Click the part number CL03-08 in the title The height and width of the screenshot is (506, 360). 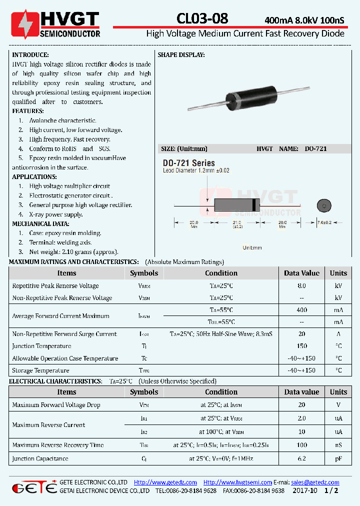tap(202, 18)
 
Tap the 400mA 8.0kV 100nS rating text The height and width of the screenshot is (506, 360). tap(304, 20)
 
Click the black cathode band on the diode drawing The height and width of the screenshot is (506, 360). tap(256, 205)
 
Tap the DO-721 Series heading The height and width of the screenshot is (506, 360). tap(188, 163)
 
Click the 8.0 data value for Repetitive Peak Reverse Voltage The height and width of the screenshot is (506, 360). tap(301, 286)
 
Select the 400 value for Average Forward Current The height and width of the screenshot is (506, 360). tap(301, 310)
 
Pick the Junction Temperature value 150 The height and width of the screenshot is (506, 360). tap(301, 346)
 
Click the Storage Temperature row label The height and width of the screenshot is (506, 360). tap(40, 370)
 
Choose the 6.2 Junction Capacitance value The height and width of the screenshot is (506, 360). tap(301, 458)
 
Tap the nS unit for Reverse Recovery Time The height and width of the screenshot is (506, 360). tap(338, 445)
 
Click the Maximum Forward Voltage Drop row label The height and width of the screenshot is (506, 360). tap(56, 405)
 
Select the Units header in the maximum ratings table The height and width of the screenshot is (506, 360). tap(338, 273)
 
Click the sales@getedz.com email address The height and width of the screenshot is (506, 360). tap(315, 482)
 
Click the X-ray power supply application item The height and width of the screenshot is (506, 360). tap(55, 214)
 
